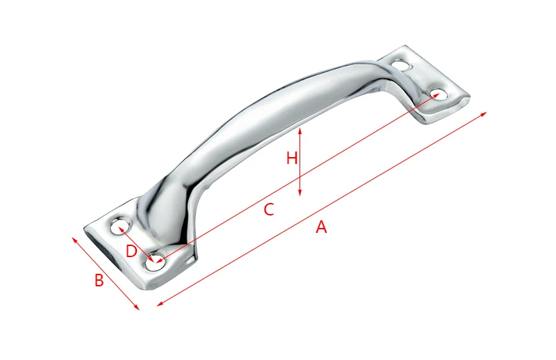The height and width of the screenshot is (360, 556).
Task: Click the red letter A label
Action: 321,227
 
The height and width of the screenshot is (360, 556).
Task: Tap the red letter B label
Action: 99,280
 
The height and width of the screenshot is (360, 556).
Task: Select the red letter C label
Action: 269,210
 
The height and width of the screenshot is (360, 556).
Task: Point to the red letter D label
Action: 131,252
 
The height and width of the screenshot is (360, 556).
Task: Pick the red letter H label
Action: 291,158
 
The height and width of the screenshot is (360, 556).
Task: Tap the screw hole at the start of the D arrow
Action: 120,227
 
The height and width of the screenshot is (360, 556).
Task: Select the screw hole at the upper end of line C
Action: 439,95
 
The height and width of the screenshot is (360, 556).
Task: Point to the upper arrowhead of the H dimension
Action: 300,131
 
